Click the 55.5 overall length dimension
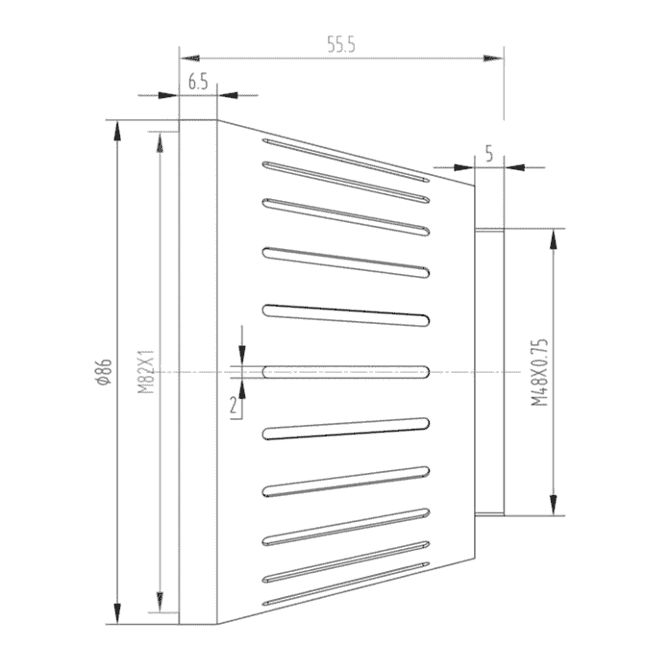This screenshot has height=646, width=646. point(340,44)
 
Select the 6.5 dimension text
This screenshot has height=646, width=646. point(198,82)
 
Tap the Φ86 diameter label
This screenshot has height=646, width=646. point(104,372)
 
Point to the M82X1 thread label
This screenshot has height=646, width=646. point(146,372)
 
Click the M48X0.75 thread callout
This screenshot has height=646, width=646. point(539,372)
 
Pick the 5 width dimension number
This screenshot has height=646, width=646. point(489,154)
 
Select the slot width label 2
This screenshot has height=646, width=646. point(234,406)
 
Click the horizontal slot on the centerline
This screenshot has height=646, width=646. point(346,372)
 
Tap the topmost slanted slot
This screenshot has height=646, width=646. point(346,161)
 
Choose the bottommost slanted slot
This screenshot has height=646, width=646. point(346,584)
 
